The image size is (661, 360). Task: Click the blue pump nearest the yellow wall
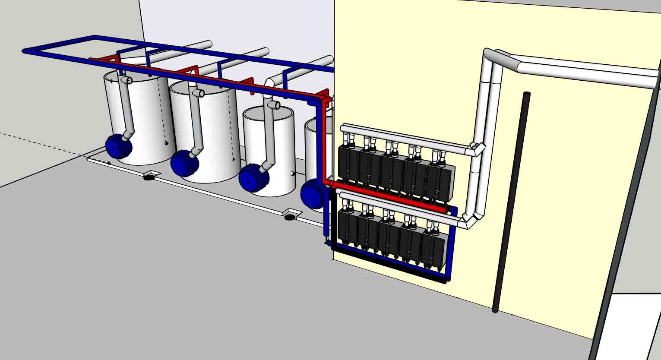pos(313,194)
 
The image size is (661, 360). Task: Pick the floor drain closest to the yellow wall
pos(291,215)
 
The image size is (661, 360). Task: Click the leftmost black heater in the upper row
pos(348,163)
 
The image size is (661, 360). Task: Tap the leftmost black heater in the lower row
pos(347,227)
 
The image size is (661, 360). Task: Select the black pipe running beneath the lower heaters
pos(389,263)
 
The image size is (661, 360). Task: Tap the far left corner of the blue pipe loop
pos(25,51)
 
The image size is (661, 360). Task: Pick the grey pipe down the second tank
pos(197,125)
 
